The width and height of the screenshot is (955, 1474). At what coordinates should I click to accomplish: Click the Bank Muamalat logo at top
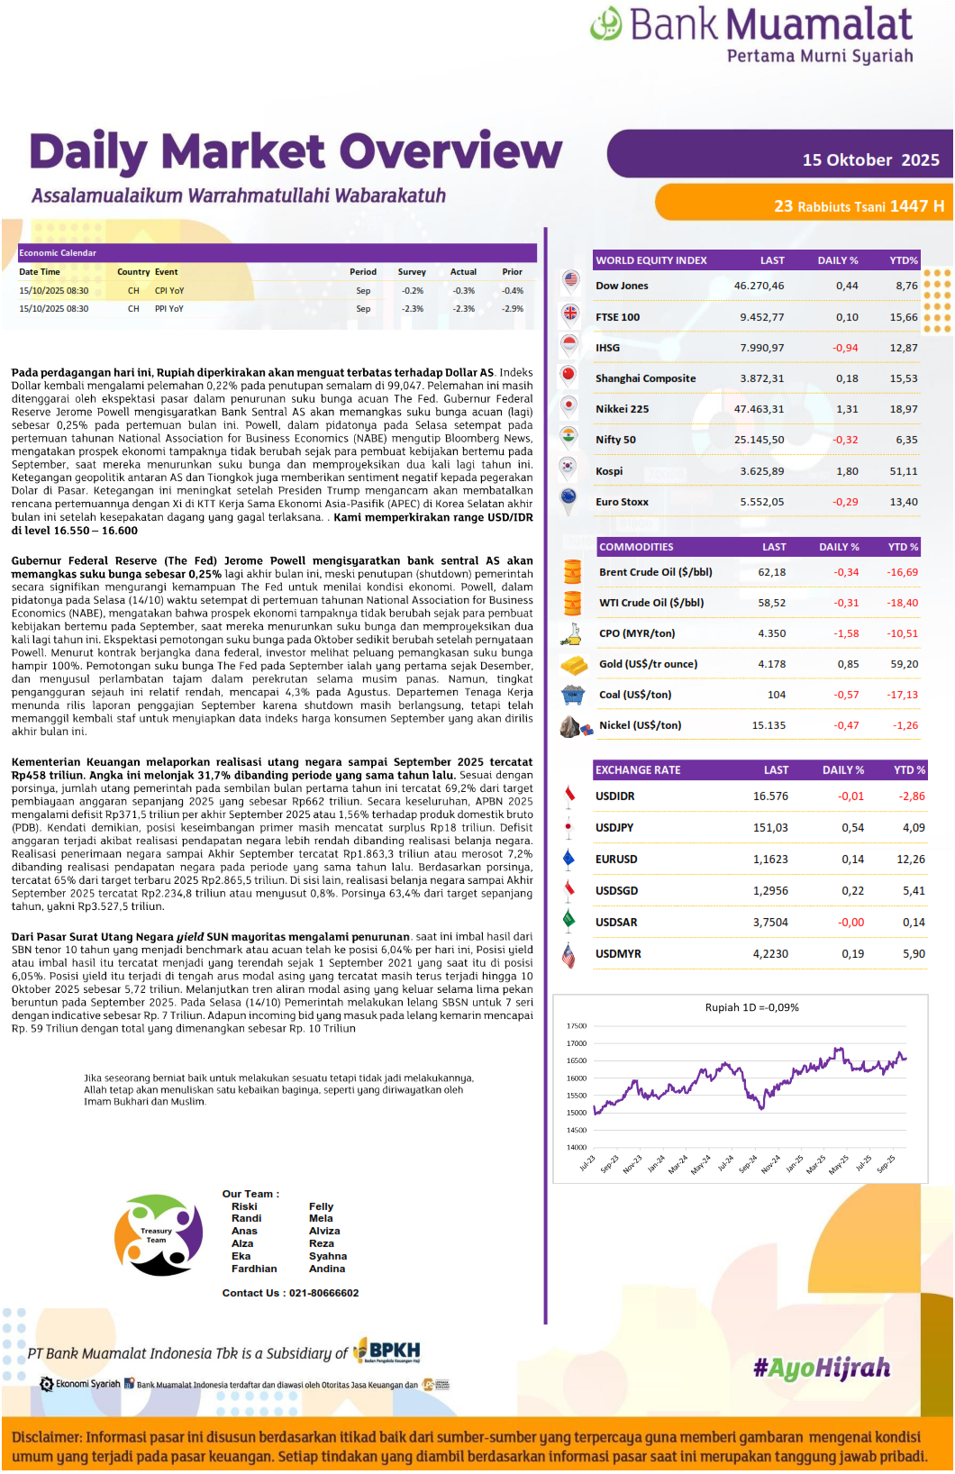(x=751, y=33)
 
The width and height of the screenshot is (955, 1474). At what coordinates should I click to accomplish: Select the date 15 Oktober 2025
(x=870, y=160)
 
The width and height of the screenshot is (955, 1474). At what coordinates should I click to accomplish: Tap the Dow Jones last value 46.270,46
(x=759, y=286)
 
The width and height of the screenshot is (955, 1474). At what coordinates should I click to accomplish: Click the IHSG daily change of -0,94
(x=845, y=348)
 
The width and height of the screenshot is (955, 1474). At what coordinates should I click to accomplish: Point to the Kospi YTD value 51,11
(x=904, y=471)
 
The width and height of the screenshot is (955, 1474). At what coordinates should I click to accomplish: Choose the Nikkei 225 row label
(x=622, y=409)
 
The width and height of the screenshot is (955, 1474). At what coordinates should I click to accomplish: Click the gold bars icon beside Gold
(x=574, y=665)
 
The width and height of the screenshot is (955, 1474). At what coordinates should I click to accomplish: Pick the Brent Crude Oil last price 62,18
(x=771, y=572)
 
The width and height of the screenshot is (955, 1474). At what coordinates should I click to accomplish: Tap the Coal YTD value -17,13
(x=902, y=695)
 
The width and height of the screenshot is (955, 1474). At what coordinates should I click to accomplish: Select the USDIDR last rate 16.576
(x=770, y=796)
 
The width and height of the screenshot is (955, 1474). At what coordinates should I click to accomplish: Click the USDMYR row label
(x=618, y=954)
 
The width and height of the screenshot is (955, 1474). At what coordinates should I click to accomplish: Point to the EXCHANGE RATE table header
(x=638, y=770)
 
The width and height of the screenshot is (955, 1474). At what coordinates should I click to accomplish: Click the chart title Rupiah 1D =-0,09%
(x=751, y=1007)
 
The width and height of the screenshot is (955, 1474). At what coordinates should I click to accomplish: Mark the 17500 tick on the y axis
(x=576, y=1026)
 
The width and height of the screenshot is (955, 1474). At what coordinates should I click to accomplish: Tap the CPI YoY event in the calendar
(x=169, y=291)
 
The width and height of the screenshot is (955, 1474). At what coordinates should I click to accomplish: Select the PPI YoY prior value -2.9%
(x=513, y=309)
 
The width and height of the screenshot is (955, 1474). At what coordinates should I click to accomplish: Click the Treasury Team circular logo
(x=158, y=1235)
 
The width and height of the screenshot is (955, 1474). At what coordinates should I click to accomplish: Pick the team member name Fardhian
(x=254, y=1269)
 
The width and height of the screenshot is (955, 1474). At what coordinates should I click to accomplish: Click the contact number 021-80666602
(x=323, y=1293)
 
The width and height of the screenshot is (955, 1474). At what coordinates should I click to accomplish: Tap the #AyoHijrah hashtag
(x=822, y=1369)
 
